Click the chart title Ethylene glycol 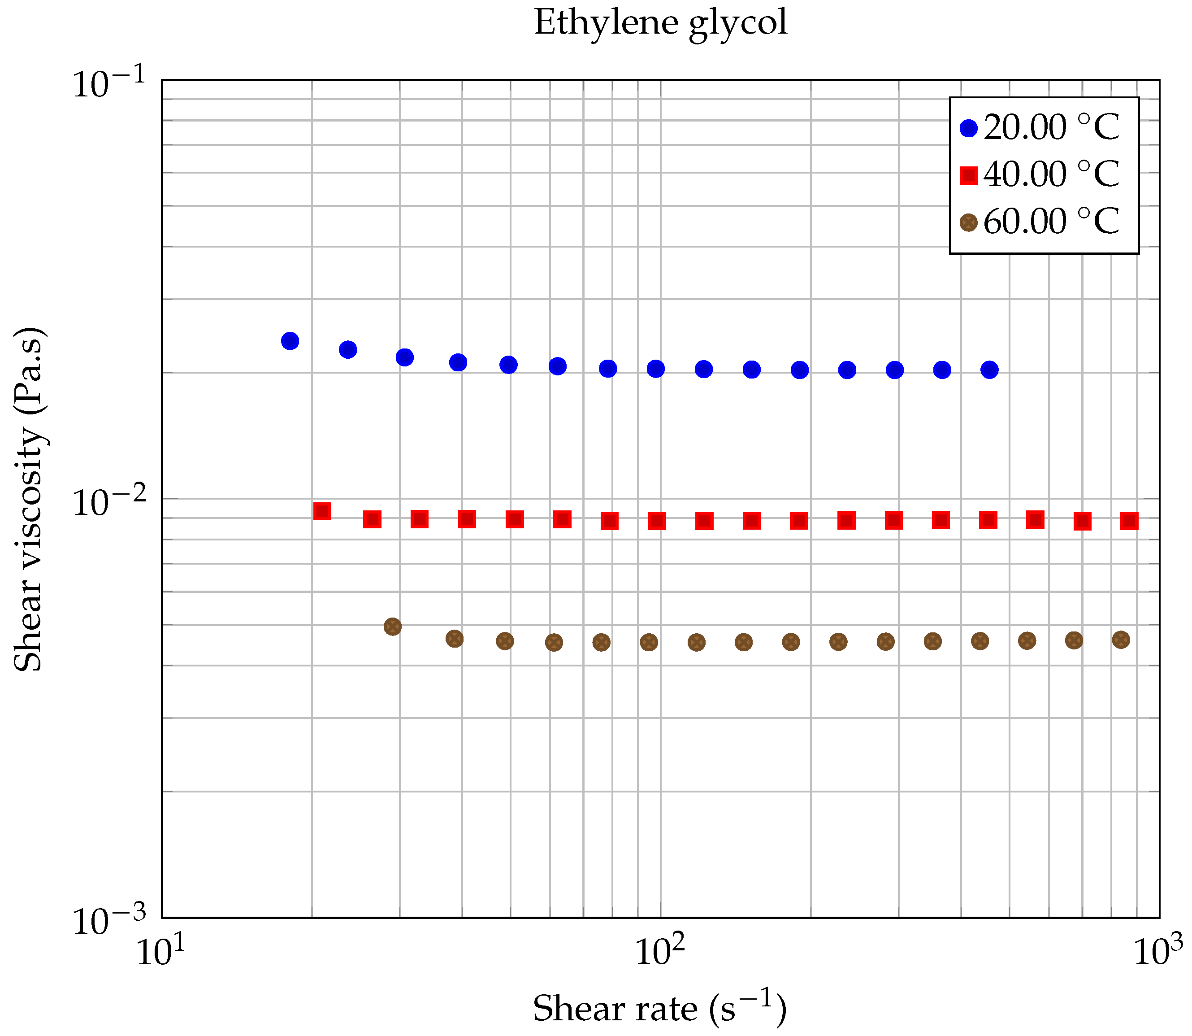660,23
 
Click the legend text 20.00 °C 1051,127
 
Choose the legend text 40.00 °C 1051,174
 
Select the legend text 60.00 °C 1051,222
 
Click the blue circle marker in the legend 968,128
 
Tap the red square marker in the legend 968,175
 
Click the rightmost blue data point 990,370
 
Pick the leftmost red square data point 322,511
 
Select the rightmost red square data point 1130,521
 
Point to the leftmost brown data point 393,627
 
